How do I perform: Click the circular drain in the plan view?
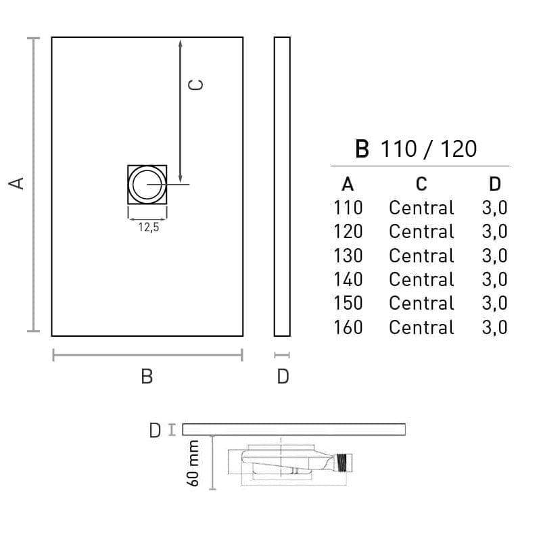coord(147,185)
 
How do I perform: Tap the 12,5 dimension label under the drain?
coord(148,227)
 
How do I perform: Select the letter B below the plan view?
coord(147,377)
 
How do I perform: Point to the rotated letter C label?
coord(195,84)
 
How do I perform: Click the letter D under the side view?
coord(283,377)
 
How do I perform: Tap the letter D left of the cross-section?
coord(155,429)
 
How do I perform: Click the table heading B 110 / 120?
coord(416,149)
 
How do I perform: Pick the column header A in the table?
coord(348,184)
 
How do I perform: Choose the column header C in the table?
coord(421,184)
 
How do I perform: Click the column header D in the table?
coord(494,184)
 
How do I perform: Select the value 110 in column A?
coord(348,208)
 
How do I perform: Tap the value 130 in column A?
coord(348,256)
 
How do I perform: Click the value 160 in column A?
coord(348,327)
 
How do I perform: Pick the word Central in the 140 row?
coord(421,279)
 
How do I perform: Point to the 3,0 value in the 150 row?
coord(494,303)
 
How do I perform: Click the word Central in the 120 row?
coord(421,231)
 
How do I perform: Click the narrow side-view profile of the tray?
coord(282,186)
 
